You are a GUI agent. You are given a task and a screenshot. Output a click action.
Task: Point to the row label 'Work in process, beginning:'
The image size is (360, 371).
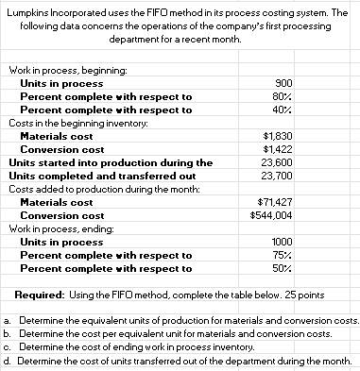pos(61,70)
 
